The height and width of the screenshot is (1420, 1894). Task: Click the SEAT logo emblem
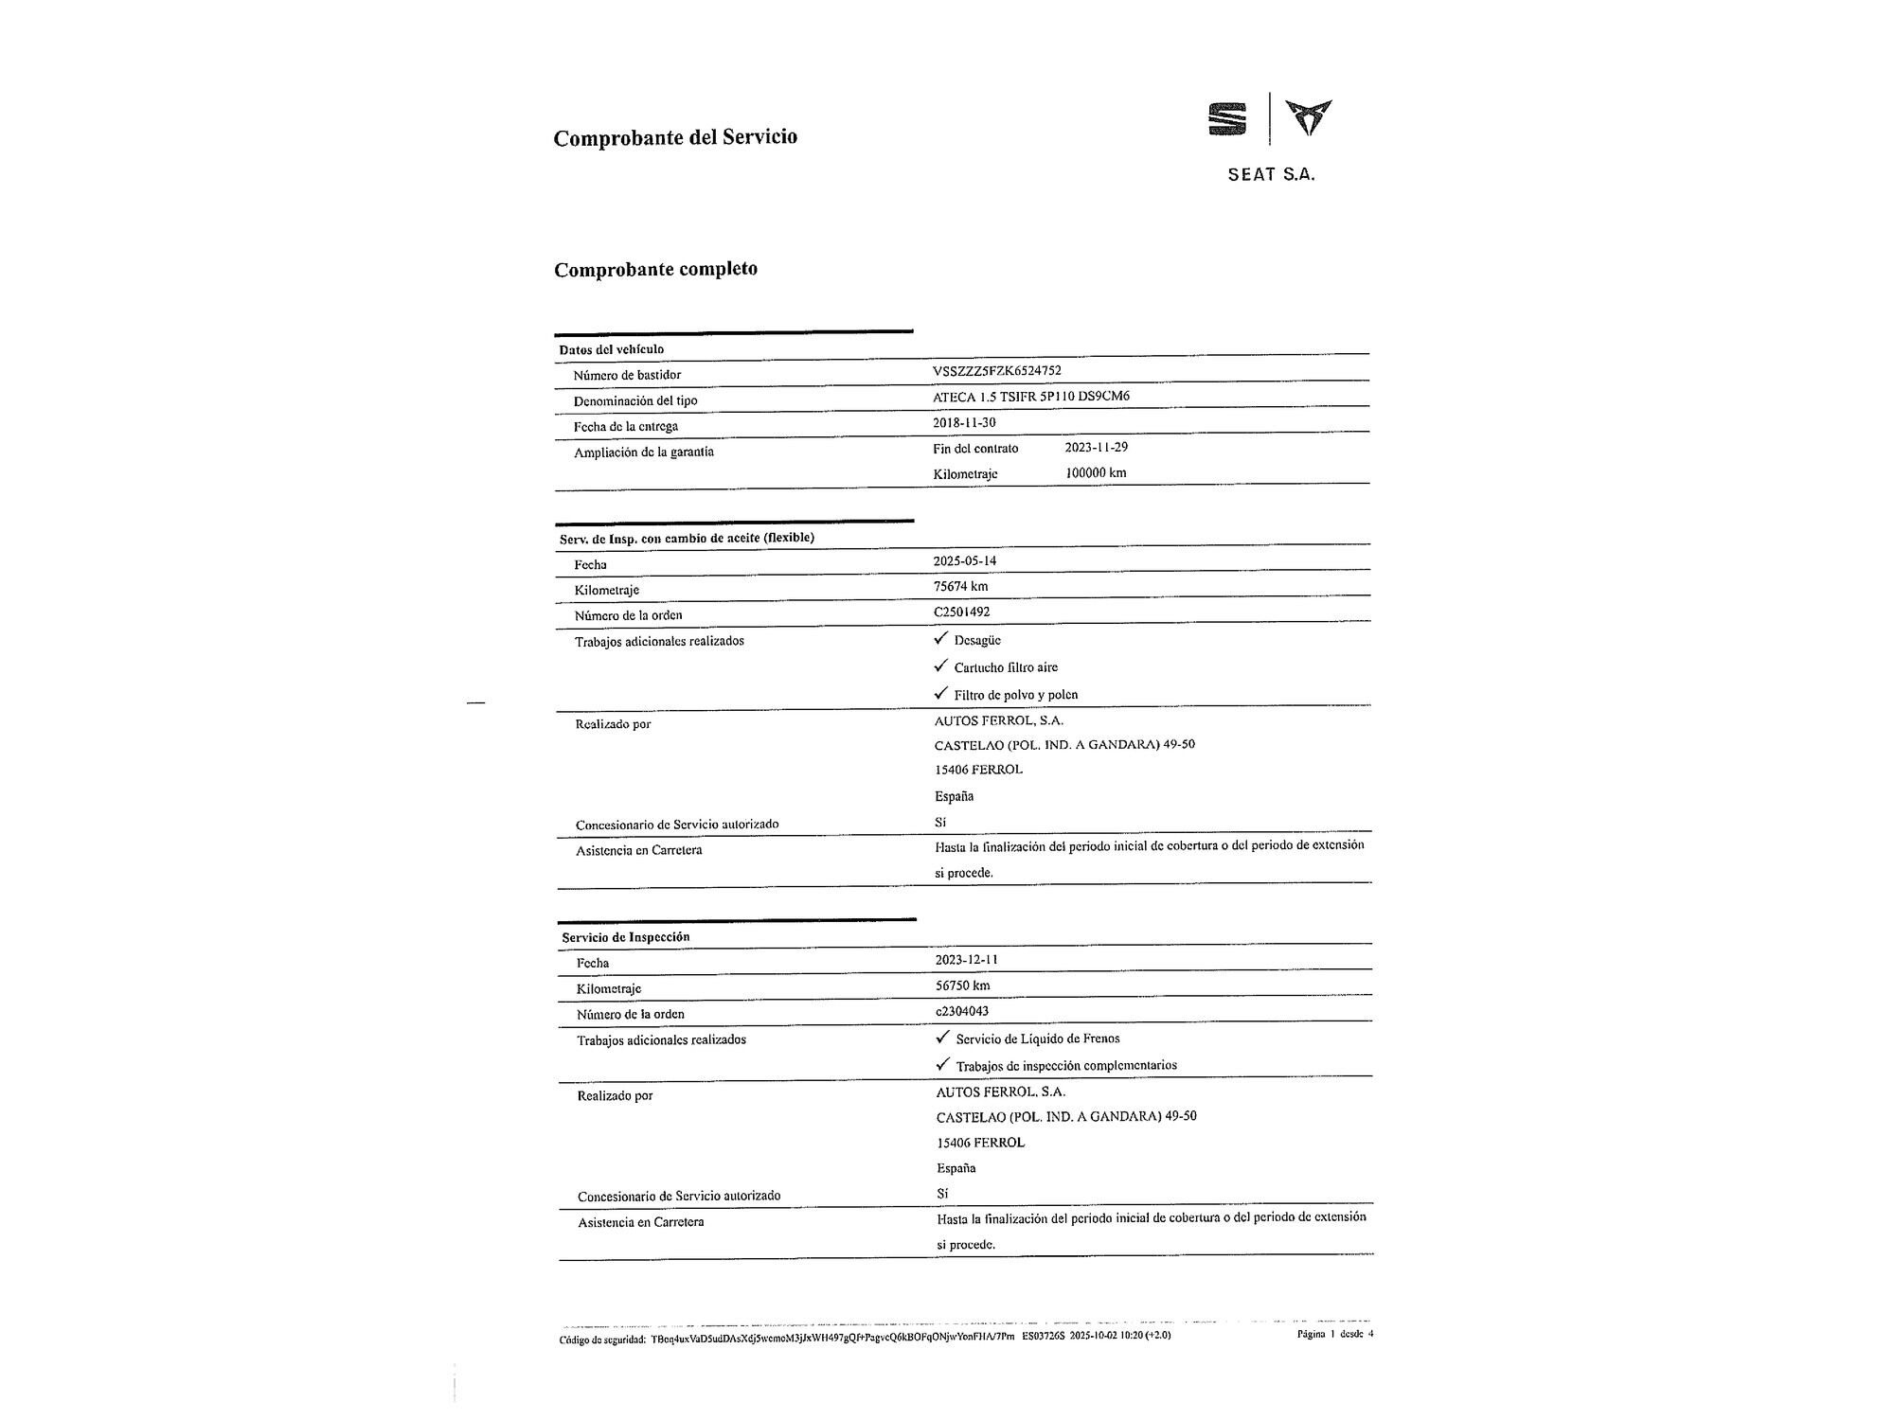pyautogui.click(x=1227, y=119)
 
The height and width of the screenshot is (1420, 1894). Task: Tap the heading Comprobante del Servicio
pyautogui.click(x=675, y=137)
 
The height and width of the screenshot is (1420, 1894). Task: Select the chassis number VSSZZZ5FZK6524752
pyautogui.click(x=996, y=371)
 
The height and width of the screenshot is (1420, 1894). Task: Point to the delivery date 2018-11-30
pyautogui.click(x=964, y=422)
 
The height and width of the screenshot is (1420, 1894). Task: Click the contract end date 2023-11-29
pyautogui.click(x=1096, y=447)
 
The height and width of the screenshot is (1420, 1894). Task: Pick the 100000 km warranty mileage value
pyautogui.click(x=1096, y=472)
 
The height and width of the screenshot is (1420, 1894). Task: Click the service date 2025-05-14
pyautogui.click(x=965, y=560)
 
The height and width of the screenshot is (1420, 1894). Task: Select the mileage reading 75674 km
pyautogui.click(x=960, y=586)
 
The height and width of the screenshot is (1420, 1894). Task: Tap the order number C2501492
pyautogui.click(x=961, y=612)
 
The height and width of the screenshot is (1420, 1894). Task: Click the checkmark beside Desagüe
pyautogui.click(x=940, y=639)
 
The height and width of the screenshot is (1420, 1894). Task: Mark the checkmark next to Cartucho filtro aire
pyautogui.click(x=940, y=666)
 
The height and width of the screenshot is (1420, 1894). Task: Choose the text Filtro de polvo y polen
pyautogui.click(x=1015, y=695)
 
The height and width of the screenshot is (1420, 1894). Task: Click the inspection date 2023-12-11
pyautogui.click(x=966, y=959)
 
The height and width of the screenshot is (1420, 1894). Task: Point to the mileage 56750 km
pyautogui.click(x=962, y=985)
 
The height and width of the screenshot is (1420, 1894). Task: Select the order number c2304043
pyautogui.click(x=963, y=1011)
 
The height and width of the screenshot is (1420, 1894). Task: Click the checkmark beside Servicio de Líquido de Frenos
pyautogui.click(x=942, y=1037)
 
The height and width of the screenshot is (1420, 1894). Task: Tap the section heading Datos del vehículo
pyautogui.click(x=611, y=349)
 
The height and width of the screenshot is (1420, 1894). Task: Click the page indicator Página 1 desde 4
pyautogui.click(x=1334, y=1334)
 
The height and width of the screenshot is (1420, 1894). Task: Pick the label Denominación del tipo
pyautogui.click(x=634, y=400)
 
